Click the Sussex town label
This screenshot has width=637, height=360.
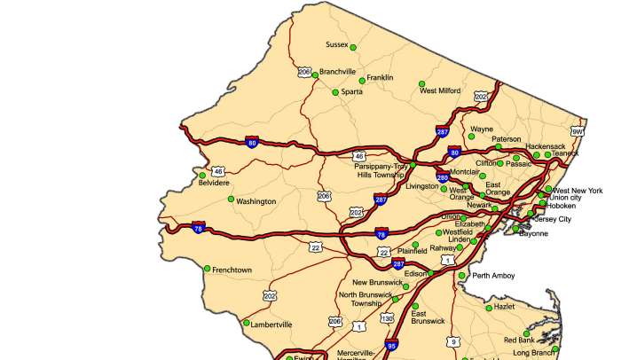[337, 44]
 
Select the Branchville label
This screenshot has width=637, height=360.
[337, 72]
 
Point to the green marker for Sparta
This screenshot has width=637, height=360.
[335, 92]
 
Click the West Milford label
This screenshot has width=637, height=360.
[440, 90]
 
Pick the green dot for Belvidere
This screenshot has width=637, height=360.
[202, 175]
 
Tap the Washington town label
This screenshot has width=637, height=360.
[256, 201]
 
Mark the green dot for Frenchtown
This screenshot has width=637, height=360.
[207, 269]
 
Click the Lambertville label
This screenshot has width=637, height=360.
[271, 325]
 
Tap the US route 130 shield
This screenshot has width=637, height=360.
[387, 317]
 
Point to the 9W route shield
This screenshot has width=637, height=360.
[578, 132]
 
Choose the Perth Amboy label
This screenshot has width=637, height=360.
[493, 276]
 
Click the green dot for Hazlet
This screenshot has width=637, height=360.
[489, 308]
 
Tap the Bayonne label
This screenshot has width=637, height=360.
[533, 233]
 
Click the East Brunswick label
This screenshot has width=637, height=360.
[428, 317]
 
